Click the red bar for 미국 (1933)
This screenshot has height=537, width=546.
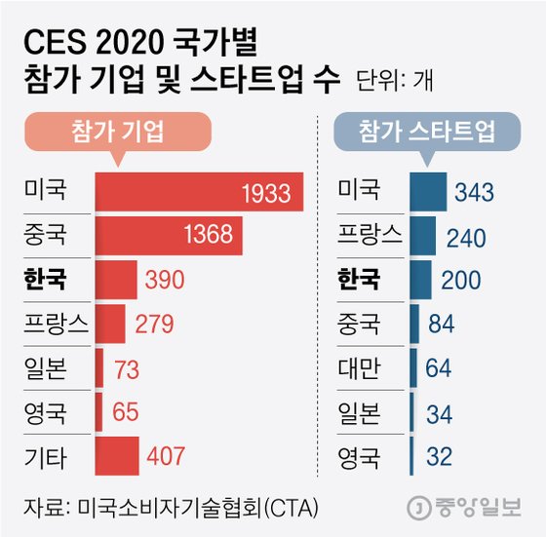tap(199, 192)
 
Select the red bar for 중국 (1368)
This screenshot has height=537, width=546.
tap(168, 236)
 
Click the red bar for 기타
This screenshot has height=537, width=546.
tap(117, 455)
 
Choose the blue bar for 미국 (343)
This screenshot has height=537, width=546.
tap(428, 192)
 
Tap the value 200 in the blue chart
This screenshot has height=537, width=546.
tap(460, 281)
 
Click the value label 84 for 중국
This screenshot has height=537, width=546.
tap(443, 325)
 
